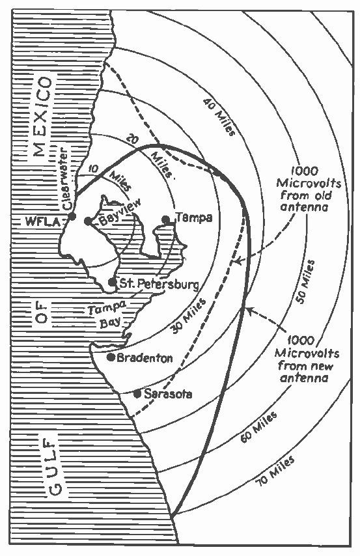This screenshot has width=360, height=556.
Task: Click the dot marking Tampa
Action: click(x=166, y=220)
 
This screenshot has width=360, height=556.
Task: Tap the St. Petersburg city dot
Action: click(x=112, y=283)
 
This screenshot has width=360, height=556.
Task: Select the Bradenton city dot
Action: click(x=111, y=357)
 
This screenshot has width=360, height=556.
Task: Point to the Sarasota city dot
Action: click(x=137, y=394)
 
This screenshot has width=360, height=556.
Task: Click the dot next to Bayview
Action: click(x=88, y=221)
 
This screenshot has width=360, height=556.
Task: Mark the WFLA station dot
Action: click(x=72, y=216)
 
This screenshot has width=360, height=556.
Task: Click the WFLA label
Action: click(x=38, y=222)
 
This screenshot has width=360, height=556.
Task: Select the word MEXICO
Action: click(x=42, y=117)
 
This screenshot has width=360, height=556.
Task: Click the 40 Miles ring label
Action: click(x=219, y=117)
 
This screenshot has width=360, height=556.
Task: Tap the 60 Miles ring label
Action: click(x=258, y=427)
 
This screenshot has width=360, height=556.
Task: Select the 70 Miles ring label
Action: click(x=275, y=471)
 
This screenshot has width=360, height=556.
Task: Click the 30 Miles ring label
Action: click(x=188, y=316)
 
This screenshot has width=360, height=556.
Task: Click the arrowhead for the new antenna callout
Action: click(x=250, y=311)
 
